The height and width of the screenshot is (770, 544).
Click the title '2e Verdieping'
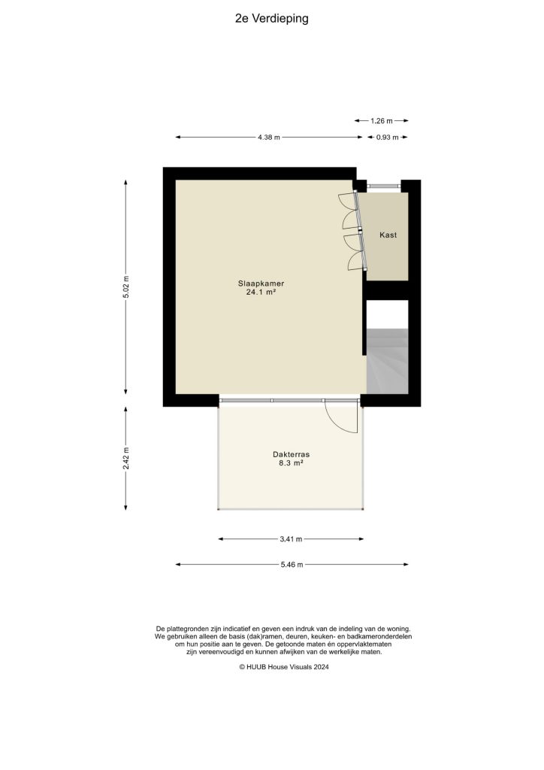coord(271,20)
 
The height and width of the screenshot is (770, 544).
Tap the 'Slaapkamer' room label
coord(261,283)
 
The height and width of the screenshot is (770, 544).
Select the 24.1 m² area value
coord(261,293)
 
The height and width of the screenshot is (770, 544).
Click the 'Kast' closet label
coord(388,235)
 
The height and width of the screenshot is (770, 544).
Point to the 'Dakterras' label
coord(292,455)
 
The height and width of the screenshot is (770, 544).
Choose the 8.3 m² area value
coord(292,464)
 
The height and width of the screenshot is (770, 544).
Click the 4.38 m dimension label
coord(268,138)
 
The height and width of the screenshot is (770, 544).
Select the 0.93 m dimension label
coord(388,138)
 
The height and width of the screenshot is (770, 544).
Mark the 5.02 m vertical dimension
coord(126,286)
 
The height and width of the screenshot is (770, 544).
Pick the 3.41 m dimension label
coord(291,539)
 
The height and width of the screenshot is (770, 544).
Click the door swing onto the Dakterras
coord(341,417)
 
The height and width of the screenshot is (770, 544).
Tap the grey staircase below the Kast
coord(388,361)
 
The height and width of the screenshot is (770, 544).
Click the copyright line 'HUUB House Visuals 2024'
coord(285,666)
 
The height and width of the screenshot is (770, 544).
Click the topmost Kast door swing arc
coord(346,201)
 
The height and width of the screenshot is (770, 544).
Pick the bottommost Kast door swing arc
coord(353,260)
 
